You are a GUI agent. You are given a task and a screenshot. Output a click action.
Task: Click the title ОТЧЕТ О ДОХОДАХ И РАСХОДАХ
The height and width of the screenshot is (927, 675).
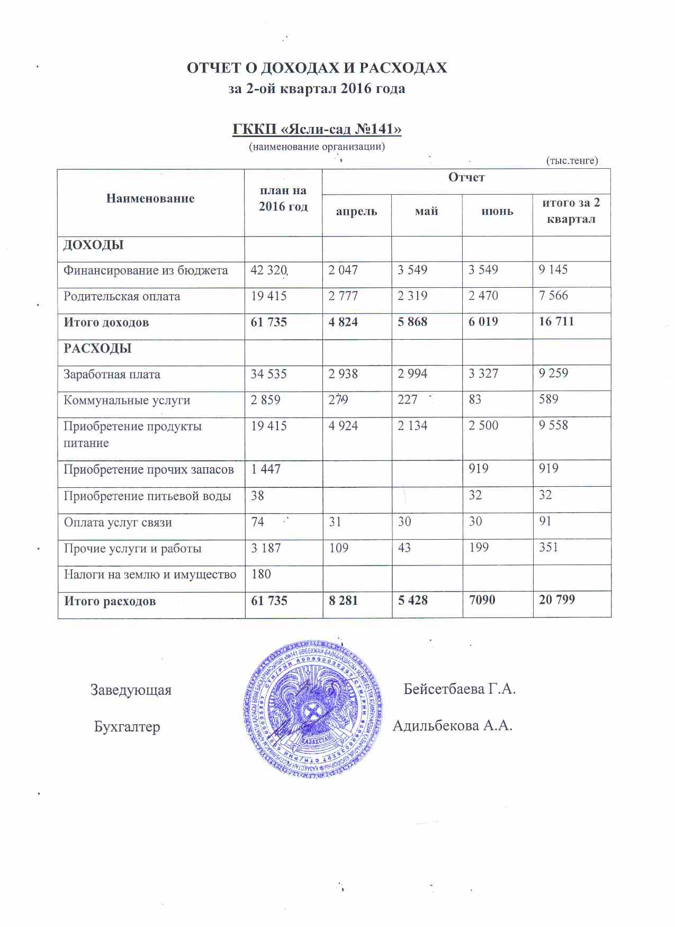tap(317, 68)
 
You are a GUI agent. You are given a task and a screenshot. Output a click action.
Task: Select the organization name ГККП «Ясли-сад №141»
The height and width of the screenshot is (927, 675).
tap(317, 129)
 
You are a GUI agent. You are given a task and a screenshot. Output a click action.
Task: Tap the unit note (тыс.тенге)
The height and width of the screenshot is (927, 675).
tap(572, 160)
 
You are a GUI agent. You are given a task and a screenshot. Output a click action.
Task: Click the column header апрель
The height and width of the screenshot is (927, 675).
tap(356, 212)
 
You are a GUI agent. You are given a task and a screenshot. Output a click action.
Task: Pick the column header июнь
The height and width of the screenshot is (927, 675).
tap(497, 212)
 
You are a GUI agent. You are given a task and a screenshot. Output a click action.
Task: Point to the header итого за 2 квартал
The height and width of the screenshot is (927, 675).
tap(571, 211)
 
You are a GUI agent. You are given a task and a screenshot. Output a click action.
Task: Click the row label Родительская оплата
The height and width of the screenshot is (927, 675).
tap(122, 296)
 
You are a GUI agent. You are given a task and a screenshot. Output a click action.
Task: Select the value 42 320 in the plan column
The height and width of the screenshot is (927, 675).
tap(268, 270)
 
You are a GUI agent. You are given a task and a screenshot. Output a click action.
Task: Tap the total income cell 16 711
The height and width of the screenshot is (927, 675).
tap(556, 322)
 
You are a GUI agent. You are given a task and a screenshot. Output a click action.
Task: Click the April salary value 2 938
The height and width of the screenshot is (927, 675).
tap(343, 374)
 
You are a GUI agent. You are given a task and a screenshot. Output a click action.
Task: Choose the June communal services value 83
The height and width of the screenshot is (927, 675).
tap(475, 399)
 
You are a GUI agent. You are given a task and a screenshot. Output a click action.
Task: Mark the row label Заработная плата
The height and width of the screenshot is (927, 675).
tap(112, 375)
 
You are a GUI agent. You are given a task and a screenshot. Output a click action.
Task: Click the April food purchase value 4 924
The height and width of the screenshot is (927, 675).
tap(343, 425)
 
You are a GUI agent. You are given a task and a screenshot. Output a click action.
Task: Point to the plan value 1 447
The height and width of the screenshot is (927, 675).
tap(266, 469)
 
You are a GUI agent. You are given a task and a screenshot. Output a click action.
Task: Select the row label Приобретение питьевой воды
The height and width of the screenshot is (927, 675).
tap(147, 496)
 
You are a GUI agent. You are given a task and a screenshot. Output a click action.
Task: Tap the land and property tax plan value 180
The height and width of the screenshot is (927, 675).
tap(261, 574)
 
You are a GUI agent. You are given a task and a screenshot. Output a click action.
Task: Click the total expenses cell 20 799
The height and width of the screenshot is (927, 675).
tap(556, 600)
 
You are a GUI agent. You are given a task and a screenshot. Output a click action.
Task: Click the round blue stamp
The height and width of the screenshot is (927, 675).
tap(313, 710)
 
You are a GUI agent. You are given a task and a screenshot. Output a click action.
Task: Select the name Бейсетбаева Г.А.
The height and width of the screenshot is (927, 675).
tap(459, 689)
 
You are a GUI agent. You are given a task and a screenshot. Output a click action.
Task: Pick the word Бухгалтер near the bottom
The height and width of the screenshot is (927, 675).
tap(127, 727)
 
